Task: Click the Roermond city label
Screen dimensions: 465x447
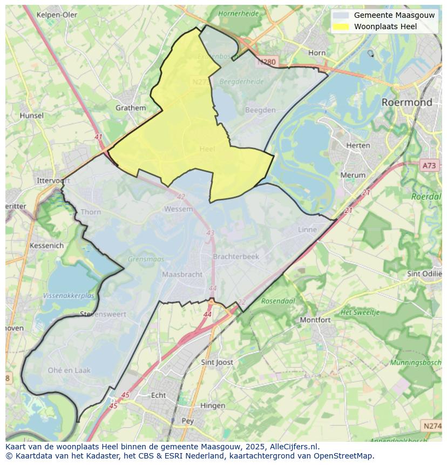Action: (407, 102)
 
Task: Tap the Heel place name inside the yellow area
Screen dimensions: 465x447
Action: (207, 149)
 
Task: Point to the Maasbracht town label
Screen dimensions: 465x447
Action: (182, 274)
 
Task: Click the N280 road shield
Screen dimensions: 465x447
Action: (266, 62)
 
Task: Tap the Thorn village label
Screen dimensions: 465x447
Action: (90, 212)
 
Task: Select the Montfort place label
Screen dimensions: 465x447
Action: (315, 320)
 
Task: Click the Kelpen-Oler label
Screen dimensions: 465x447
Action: (57, 15)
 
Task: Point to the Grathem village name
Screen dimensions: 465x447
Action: (131, 107)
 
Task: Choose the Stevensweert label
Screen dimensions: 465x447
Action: (103, 314)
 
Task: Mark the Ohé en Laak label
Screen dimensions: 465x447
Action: (69, 370)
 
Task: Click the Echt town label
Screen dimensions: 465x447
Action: (158, 395)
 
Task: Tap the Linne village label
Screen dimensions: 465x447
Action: (307, 230)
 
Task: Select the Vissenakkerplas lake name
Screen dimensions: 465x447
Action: (69, 296)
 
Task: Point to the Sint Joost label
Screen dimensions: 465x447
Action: (216, 362)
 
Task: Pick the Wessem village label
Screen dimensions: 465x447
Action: (178, 209)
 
